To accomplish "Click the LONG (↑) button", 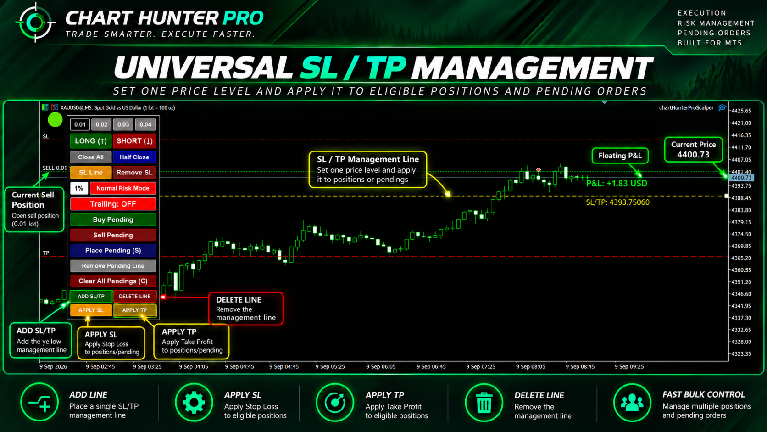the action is (x=91, y=141).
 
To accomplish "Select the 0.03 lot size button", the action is (x=123, y=124).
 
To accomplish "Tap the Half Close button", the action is (x=134, y=157).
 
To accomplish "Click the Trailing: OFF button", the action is (x=113, y=204).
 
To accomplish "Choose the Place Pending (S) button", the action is (x=113, y=250).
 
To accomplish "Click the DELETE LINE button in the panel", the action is (x=134, y=296).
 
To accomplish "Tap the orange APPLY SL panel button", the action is (x=91, y=310).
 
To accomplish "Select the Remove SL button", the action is (x=134, y=173).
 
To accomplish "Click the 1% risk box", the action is (x=79, y=188).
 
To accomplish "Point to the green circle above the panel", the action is (x=55, y=120).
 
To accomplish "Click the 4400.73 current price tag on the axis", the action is (x=741, y=178).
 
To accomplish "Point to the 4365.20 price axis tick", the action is (x=741, y=258).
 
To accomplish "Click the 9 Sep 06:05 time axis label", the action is (x=381, y=366).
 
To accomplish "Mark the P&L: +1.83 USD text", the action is (x=617, y=184).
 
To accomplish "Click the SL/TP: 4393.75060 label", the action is (x=617, y=202).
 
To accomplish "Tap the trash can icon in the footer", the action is (x=484, y=403).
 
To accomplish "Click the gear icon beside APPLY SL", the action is (x=194, y=403).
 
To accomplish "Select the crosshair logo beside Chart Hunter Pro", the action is (x=35, y=22).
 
